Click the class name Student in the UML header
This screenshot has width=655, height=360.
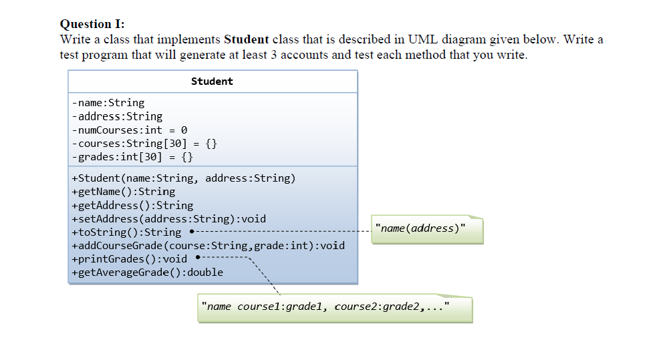(212, 81)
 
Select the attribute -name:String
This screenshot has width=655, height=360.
(108, 103)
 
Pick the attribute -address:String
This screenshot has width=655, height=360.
(116, 116)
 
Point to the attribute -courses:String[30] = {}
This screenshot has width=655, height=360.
(144, 144)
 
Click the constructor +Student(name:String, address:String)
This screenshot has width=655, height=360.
(182, 178)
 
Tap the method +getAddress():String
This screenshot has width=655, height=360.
(132, 206)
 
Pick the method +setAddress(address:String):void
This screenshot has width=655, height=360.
(168, 219)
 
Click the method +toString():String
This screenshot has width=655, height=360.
(126, 232)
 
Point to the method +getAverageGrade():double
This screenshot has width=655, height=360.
(146, 273)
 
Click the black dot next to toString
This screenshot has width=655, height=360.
(192, 232)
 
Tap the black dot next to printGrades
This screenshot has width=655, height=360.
(198, 258)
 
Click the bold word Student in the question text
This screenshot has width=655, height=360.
(247, 39)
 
